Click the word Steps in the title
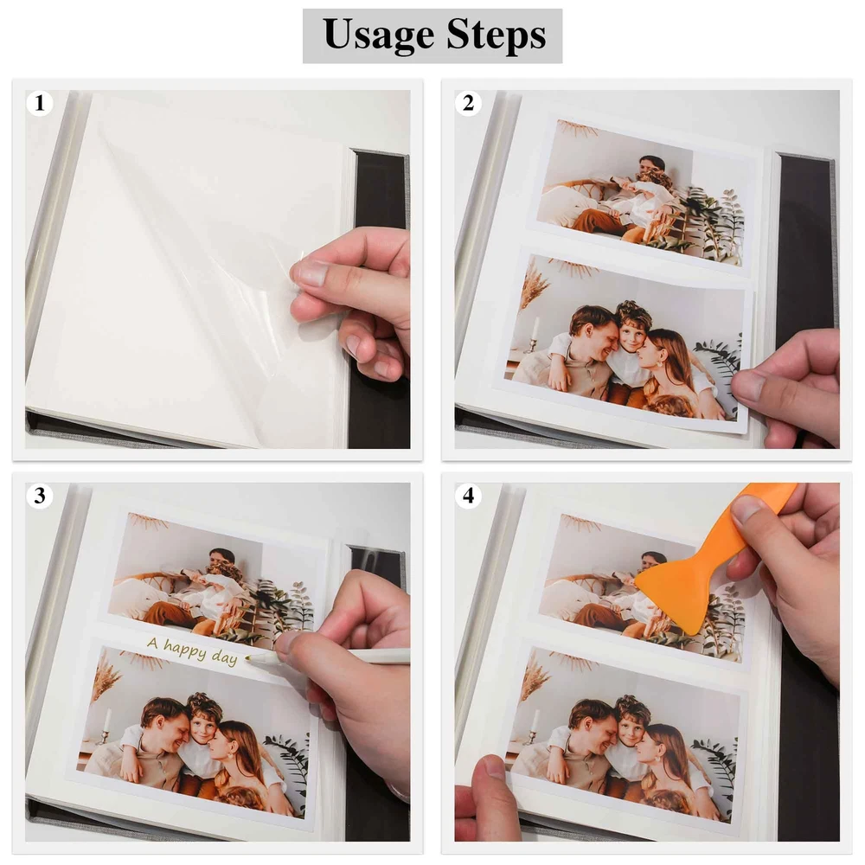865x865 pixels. pos(497,35)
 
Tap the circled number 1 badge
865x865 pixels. pos(39,103)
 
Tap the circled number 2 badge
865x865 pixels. pos(468,103)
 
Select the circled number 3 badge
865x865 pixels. pos(39,496)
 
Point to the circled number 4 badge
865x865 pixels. pos(468,496)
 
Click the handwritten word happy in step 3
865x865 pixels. pos(185,650)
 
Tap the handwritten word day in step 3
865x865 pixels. pos(225,657)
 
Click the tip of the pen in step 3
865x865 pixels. pos(246,657)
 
